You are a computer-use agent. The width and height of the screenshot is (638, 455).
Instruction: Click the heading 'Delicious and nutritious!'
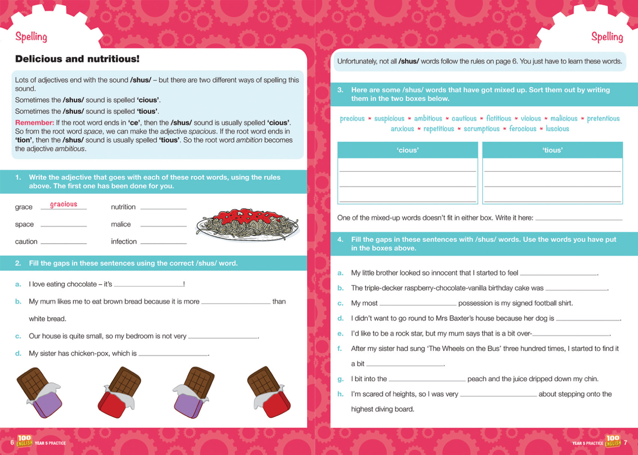point(77,59)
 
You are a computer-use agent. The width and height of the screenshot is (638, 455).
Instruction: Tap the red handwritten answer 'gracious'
point(63,204)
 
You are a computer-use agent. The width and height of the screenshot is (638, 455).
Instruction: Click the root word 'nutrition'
point(123,207)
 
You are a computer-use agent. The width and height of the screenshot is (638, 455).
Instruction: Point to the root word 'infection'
point(123,242)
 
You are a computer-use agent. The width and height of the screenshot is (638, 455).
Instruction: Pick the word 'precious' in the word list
point(352,119)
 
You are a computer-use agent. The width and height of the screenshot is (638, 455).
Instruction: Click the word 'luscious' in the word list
point(557,129)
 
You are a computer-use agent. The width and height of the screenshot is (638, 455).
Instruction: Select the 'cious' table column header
point(408,150)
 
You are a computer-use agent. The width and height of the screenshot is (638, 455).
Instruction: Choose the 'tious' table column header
point(552,150)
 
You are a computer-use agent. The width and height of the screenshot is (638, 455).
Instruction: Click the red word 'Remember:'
point(34,123)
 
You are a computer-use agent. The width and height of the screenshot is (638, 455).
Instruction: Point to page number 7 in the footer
point(625,443)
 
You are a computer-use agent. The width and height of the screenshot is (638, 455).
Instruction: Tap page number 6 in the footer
point(12,443)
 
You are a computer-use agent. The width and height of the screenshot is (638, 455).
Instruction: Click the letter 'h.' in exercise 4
point(340,394)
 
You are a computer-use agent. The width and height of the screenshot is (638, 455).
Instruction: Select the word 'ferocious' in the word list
point(522,129)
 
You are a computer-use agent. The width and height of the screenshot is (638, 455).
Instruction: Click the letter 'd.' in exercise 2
point(18,354)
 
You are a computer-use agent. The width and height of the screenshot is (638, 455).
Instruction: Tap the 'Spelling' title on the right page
point(607,37)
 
